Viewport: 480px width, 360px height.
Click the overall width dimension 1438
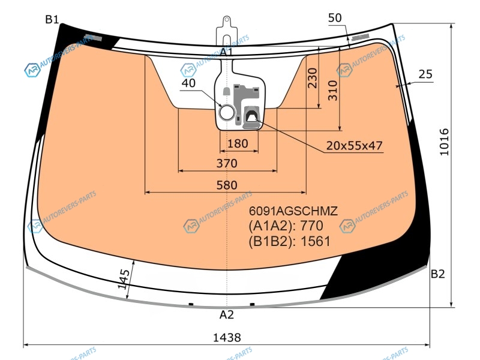pyautogui.click(x=227, y=337)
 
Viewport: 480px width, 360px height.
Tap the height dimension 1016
pyautogui.click(x=444, y=142)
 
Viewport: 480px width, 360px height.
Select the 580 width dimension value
pyautogui.click(x=227, y=185)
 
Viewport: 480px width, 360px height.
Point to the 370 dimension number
pyautogui.click(x=227, y=163)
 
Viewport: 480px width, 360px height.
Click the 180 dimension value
pyautogui.click(x=238, y=143)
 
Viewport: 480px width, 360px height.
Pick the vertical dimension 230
pyautogui.click(x=312, y=78)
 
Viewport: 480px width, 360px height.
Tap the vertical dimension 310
pyautogui.click(x=333, y=91)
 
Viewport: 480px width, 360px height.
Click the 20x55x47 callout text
pyautogui.click(x=354, y=145)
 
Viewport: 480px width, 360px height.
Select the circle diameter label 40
pyautogui.click(x=188, y=83)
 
